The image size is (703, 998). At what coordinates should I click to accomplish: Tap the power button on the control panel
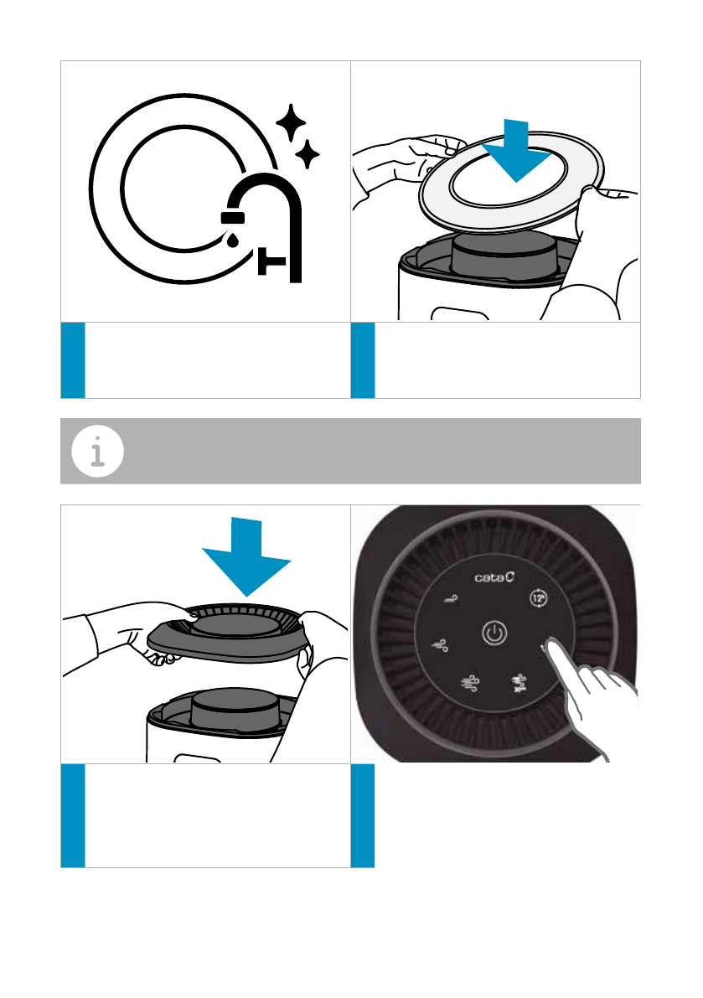[494, 633]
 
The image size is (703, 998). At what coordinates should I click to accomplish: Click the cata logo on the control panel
[494, 577]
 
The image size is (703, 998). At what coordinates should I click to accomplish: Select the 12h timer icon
[538, 598]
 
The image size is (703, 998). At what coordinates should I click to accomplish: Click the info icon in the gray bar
[97, 452]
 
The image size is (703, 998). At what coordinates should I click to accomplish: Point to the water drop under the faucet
[233, 239]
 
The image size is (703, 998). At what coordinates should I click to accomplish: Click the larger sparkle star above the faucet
[291, 122]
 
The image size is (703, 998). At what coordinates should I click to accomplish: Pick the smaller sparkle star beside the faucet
[308, 154]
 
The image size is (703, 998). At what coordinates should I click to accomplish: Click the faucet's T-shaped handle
[271, 261]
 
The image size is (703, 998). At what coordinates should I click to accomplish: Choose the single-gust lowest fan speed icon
[451, 598]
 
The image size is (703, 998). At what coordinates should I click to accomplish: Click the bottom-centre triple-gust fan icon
[470, 683]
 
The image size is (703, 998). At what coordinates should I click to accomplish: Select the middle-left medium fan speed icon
[440, 645]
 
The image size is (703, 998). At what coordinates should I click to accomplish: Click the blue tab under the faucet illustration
[73, 360]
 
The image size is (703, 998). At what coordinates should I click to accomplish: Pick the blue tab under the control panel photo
[363, 815]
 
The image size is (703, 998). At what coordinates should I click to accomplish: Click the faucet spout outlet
[233, 218]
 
